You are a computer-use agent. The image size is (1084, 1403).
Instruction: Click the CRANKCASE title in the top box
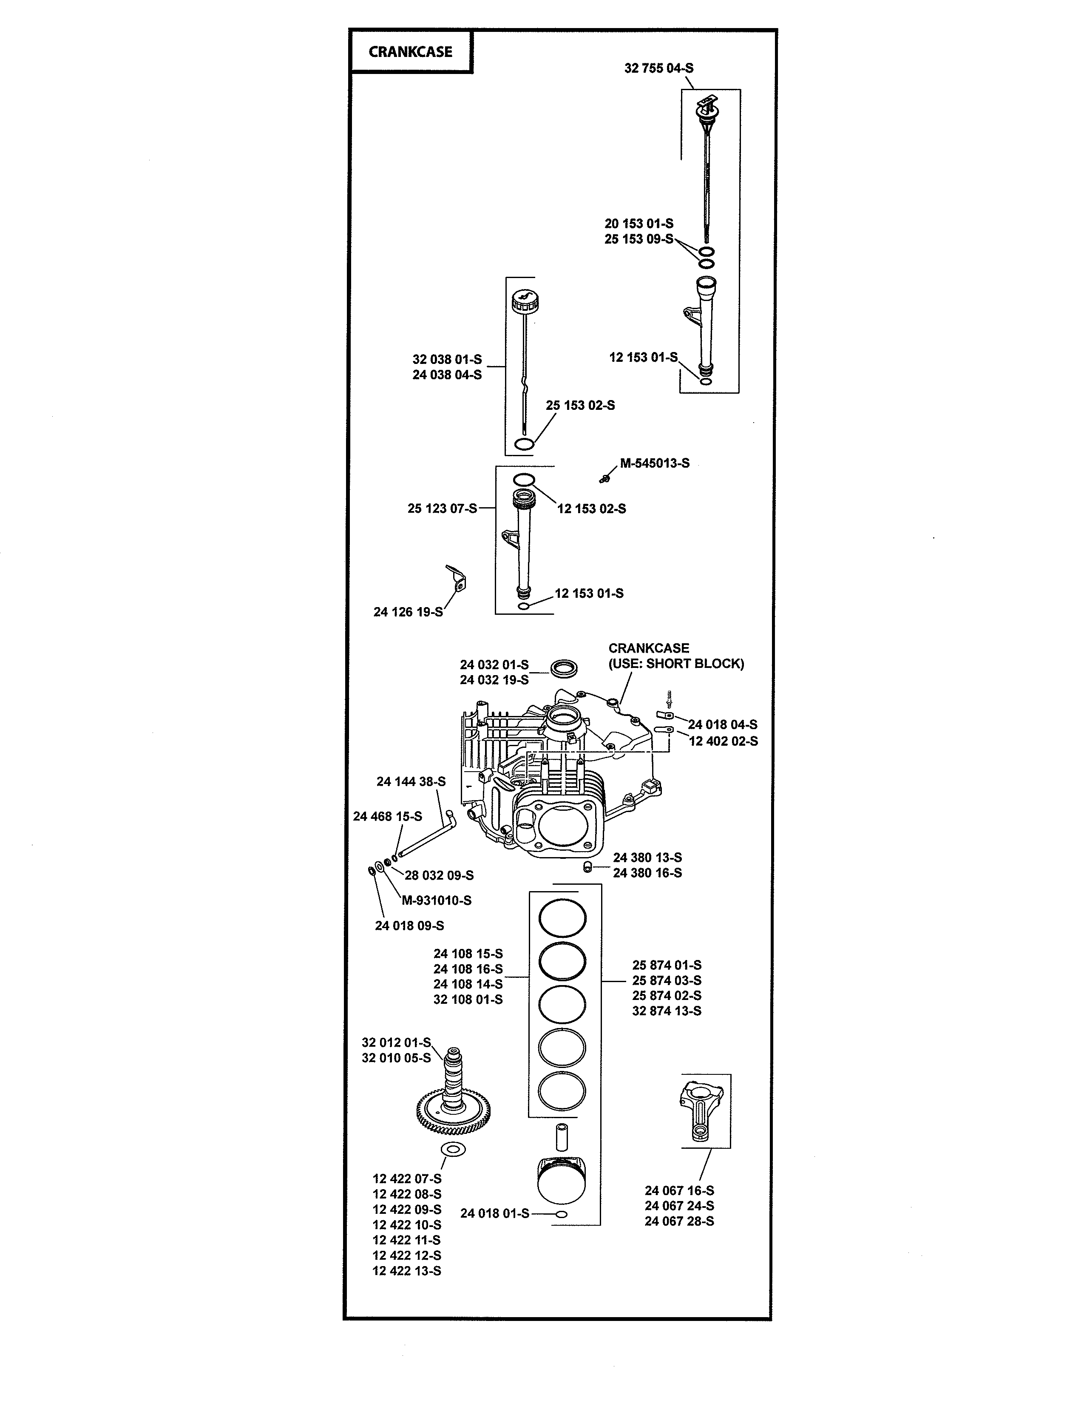[x=410, y=52]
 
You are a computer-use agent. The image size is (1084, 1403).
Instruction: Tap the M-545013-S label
[x=654, y=463]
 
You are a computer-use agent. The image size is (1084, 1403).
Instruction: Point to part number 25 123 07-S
[x=442, y=508]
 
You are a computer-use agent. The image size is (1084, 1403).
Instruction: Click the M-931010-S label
[x=437, y=900]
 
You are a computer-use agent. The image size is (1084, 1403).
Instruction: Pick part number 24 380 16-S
[x=647, y=873]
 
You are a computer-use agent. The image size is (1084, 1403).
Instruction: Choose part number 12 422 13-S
[x=406, y=1271]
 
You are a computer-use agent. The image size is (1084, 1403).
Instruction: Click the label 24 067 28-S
[x=679, y=1221]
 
